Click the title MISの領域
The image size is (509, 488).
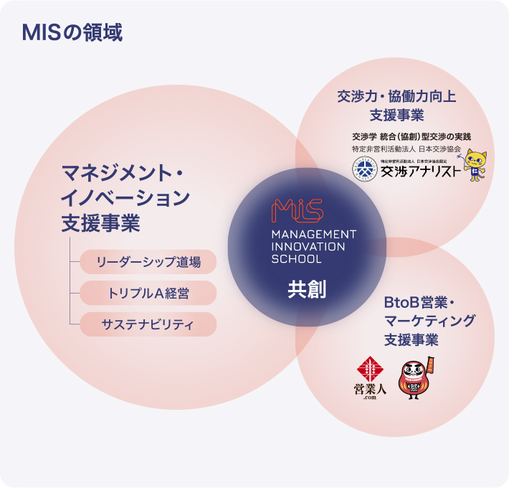(72, 32)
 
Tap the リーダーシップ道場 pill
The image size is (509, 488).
(148, 262)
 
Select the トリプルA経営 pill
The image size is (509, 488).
(148, 293)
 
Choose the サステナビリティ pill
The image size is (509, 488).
(148, 324)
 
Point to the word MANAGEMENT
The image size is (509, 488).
(313, 235)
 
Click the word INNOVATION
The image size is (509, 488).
(308, 247)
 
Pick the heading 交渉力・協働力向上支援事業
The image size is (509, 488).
(396, 105)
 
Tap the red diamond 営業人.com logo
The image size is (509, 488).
(371, 370)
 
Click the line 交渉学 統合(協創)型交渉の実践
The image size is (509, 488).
(411, 136)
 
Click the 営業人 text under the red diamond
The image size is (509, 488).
(371, 390)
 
